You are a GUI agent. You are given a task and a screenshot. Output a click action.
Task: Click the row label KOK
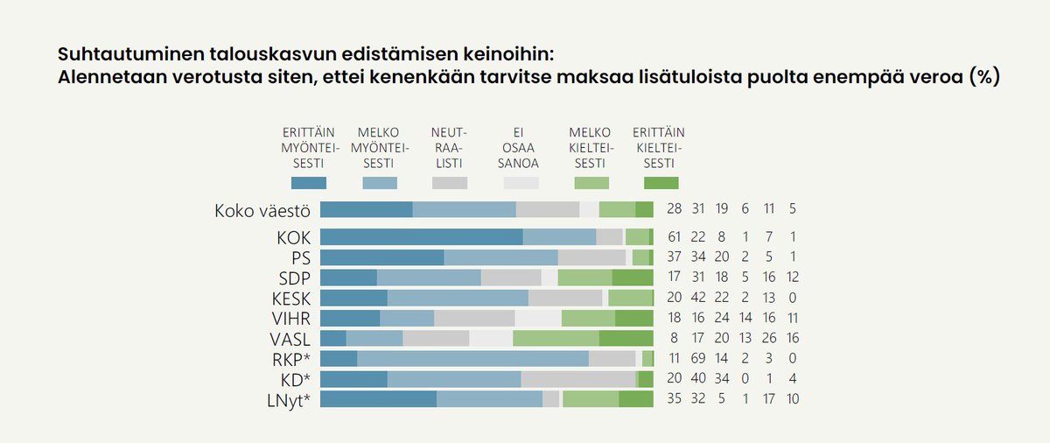293,237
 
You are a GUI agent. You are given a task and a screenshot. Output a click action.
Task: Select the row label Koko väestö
262,210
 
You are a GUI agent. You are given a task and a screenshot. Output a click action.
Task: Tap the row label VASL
290,338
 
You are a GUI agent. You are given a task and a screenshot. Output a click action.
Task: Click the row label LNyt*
290,399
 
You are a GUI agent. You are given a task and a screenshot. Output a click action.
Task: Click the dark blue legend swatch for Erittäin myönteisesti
308,183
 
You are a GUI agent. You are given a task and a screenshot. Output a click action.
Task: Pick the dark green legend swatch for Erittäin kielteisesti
661,183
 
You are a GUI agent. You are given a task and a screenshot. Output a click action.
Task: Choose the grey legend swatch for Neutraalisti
449,183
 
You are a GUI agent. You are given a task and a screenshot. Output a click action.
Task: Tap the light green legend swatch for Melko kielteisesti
591,183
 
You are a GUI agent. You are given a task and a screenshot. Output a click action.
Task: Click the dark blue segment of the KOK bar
421,237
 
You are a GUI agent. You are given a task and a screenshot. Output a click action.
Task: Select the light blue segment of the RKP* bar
472,359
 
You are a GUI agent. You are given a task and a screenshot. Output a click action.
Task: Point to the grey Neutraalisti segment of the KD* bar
577,379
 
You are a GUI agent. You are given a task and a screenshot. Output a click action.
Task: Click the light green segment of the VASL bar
556,338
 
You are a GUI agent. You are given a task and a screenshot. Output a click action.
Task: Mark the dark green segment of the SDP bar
632,278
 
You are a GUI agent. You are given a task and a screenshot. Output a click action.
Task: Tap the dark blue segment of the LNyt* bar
378,399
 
